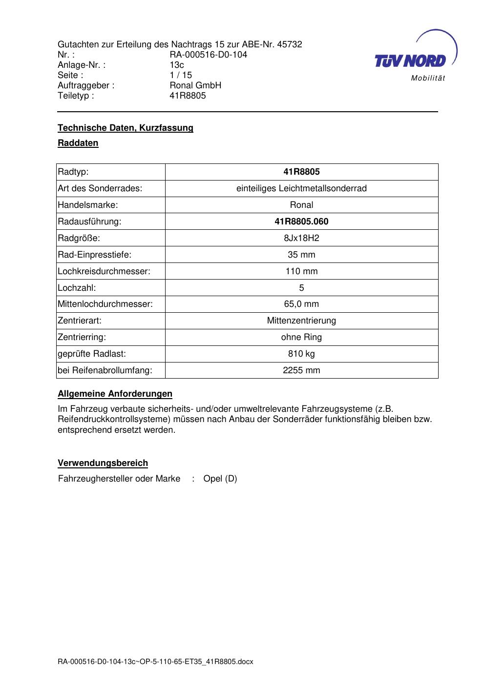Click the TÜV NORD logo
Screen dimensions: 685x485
[x=415, y=56]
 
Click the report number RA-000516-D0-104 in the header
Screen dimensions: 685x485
[x=208, y=55]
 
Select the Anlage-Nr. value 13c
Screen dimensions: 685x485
[x=176, y=65]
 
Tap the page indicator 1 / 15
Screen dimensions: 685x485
[x=181, y=75]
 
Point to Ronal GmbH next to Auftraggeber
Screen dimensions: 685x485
[x=195, y=85]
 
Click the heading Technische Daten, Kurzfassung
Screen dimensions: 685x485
[x=126, y=128]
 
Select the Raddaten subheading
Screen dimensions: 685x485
[x=78, y=143]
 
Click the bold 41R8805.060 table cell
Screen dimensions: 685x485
[x=301, y=222]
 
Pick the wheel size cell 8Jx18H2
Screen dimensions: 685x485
[x=301, y=238]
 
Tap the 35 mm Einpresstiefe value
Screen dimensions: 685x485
[x=301, y=255]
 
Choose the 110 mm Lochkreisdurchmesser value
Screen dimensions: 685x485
[x=301, y=271]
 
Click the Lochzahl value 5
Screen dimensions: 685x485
[x=301, y=288]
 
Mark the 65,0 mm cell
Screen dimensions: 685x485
[x=301, y=304]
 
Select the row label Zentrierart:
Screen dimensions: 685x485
[x=80, y=321]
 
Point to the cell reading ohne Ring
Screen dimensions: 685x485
[x=301, y=337]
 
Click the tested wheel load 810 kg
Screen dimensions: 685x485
[x=301, y=354]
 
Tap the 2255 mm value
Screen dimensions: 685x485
[x=301, y=370]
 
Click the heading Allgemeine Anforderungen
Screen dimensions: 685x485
[x=115, y=394]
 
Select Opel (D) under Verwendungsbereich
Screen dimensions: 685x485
[x=220, y=479]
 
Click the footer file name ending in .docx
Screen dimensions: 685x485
[x=155, y=662]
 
